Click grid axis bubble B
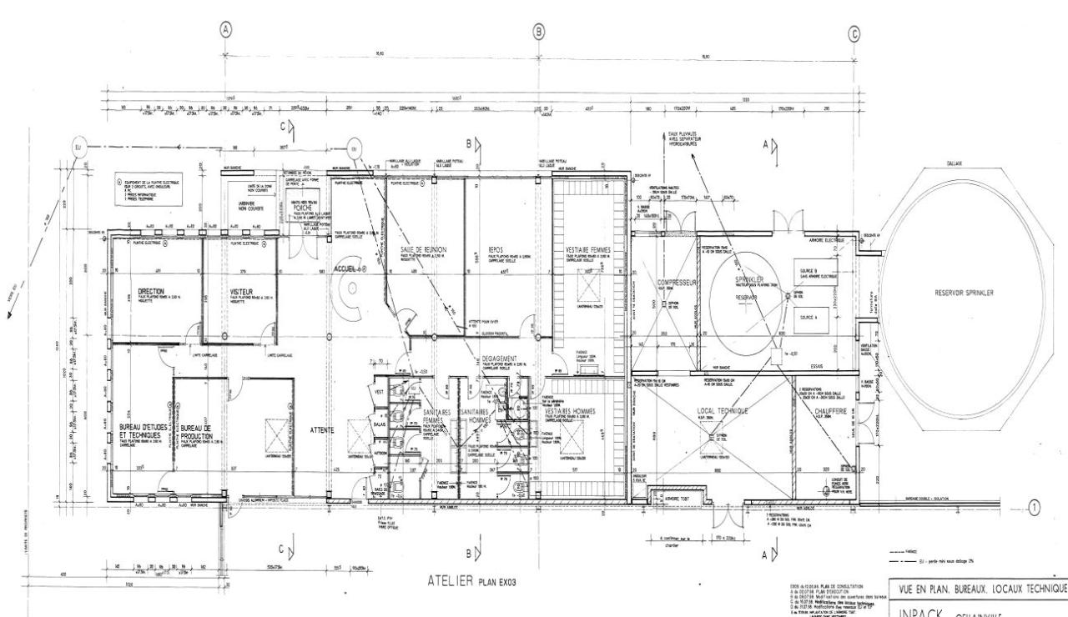[x=539, y=32]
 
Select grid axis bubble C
[x=853, y=33]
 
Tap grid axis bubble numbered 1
[x=1035, y=505]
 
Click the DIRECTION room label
[x=152, y=292]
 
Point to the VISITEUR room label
[x=241, y=292]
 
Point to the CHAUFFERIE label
[x=829, y=411]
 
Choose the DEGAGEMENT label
[x=501, y=359]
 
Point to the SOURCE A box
[x=810, y=318]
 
